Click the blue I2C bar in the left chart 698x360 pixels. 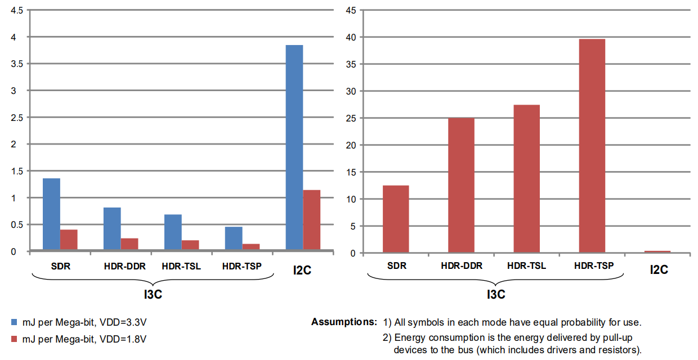coord(294,147)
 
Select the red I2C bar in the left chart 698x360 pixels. coord(311,220)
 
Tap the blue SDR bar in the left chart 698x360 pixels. coord(51,214)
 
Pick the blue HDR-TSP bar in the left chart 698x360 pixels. coord(234,238)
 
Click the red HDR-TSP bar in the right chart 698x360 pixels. coord(592,146)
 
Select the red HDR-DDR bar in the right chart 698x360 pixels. coord(461,185)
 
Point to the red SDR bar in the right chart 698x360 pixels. coord(396,219)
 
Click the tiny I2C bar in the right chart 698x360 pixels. coord(657,251)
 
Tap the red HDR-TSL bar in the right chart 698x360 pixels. coord(526,179)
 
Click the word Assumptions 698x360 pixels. coord(343,322)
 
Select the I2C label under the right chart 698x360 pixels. coord(659,269)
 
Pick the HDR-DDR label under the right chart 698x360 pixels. coord(462,266)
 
